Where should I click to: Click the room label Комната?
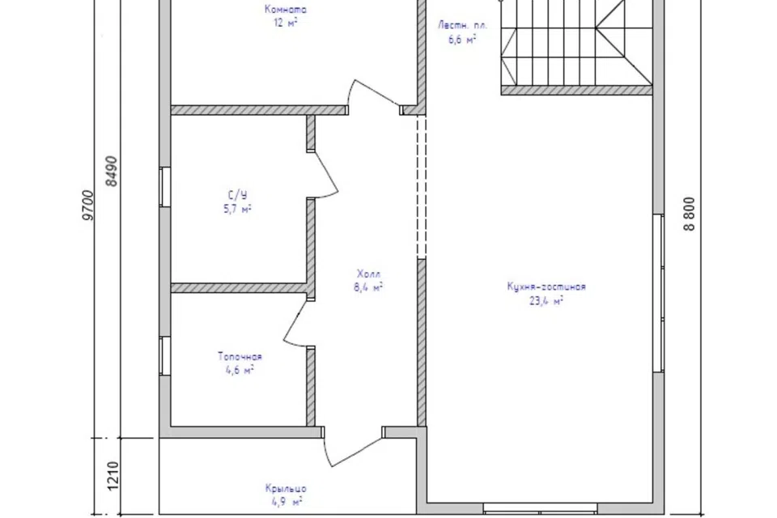[286, 10]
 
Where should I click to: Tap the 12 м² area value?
[286, 23]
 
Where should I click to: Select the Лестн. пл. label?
[463, 25]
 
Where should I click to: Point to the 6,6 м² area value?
[463, 40]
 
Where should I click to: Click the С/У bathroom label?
[238, 195]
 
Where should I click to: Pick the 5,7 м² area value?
[238, 209]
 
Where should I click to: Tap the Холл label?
[369, 274]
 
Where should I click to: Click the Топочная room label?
[240, 356]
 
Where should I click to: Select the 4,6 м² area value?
[240, 370]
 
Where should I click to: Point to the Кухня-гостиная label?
[546, 287]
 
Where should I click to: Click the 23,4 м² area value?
[546, 300]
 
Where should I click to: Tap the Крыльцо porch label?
[286, 489]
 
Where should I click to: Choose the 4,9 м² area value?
[287, 502]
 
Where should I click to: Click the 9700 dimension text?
[87, 205]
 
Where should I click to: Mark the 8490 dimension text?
[112, 171]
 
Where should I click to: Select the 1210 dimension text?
[113, 476]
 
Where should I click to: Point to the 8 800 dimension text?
[690, 214]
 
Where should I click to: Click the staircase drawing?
[575, 47]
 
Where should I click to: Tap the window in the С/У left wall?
[165, 186]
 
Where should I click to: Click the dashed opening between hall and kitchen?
[421, 187]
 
